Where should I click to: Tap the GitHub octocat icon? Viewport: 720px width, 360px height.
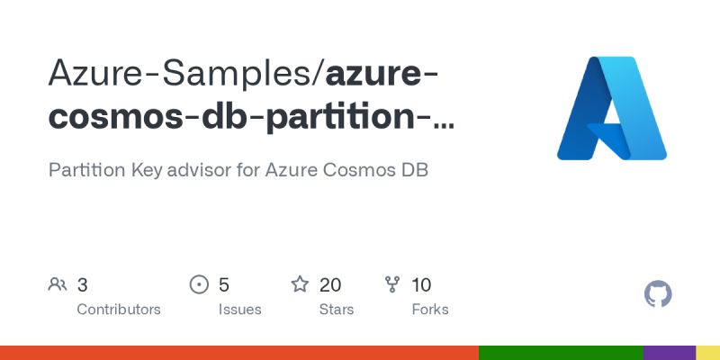(659, 294)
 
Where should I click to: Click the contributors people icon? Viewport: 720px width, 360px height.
(58, 285)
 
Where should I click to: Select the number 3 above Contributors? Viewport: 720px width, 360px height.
(82, 285)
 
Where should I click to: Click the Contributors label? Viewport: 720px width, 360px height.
(119, 310)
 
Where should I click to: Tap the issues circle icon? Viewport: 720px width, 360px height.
(199, 285)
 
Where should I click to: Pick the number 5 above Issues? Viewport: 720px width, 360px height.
(224, 285)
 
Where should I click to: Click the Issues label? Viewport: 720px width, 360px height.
(239, 310)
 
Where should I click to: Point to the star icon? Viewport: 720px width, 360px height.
(300, 285)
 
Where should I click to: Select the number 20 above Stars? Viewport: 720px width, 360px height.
(330, 285)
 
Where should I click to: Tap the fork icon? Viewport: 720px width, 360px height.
(392, 285)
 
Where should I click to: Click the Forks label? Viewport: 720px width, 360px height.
(430, 310)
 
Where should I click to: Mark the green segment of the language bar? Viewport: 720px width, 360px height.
(561, 353)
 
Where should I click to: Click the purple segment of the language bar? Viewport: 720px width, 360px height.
(670, 353)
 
